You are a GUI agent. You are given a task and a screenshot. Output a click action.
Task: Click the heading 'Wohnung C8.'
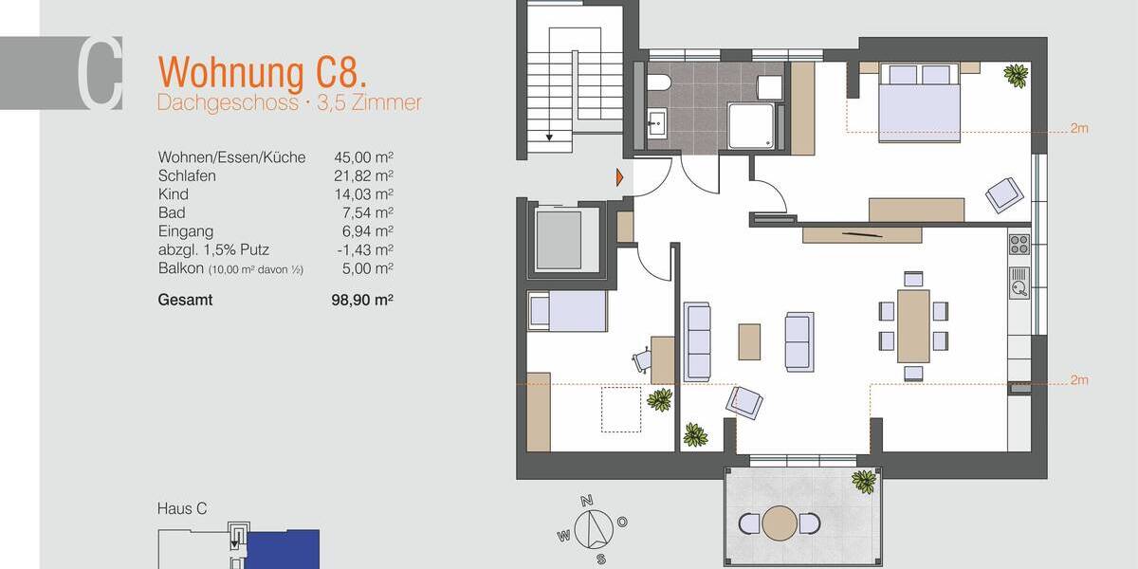pyautogui.click(x=263, y=72)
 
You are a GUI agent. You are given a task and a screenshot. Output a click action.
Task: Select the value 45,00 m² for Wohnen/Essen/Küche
pyautogui.click(x=363, y=157)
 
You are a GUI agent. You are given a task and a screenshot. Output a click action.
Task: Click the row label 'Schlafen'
pyautogui.click(x=187, y=175)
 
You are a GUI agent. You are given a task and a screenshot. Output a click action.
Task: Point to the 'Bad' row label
pyautogui.click(x=172, y=212)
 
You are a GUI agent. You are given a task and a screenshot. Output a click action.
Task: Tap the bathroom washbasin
pyautogui.click(x=656, y=122)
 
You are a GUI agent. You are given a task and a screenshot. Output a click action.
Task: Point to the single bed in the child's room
pyautogui.click(x=567, y=311)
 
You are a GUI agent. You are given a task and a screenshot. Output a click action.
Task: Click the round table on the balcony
pyautogui.click(x=780, y=523)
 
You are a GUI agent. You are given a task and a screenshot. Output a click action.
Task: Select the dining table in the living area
pyautogui.click(x=913, y=325)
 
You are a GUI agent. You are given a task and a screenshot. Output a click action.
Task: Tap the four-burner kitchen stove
pyautogui.click(x=1019, y=245)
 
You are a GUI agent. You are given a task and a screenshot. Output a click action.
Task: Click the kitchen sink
pyautogui.click(x=1019, y=282)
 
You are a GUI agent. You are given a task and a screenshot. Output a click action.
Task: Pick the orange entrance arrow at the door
pyautogui.click(x=619, y=176)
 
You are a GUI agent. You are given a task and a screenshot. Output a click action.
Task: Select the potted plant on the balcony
pyautogui.click(x=863, y=481)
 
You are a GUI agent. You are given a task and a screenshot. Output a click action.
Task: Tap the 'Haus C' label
pyautogui.click(x=181, y=509)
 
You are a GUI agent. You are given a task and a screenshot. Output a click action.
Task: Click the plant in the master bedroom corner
pyautogui.click(x=1016, y=76)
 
